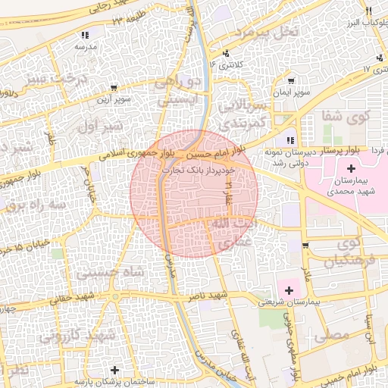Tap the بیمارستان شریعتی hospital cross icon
(x=289, y=290)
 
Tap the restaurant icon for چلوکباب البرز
(x=368, y=11)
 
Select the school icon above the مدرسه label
(x=85, y=35)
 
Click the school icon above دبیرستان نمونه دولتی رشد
(x=289, y=140)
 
